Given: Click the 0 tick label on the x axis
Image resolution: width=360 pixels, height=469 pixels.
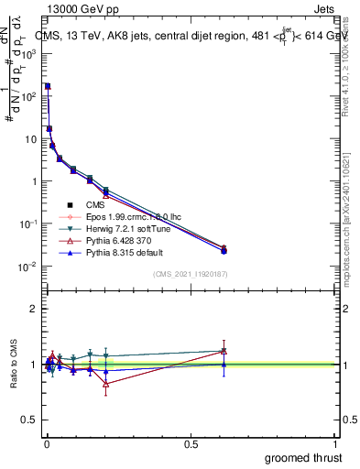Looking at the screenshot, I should [x=47, y=443].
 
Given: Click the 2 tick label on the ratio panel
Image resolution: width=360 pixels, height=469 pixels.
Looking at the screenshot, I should [x=33, y=309].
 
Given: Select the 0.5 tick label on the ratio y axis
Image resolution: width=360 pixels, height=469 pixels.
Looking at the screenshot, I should [x=28, y=420].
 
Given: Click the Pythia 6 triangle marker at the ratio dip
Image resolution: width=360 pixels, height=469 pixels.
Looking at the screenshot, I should [x=106, y=384].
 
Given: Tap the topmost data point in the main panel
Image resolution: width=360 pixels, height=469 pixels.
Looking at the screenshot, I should [x=48, y=85].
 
